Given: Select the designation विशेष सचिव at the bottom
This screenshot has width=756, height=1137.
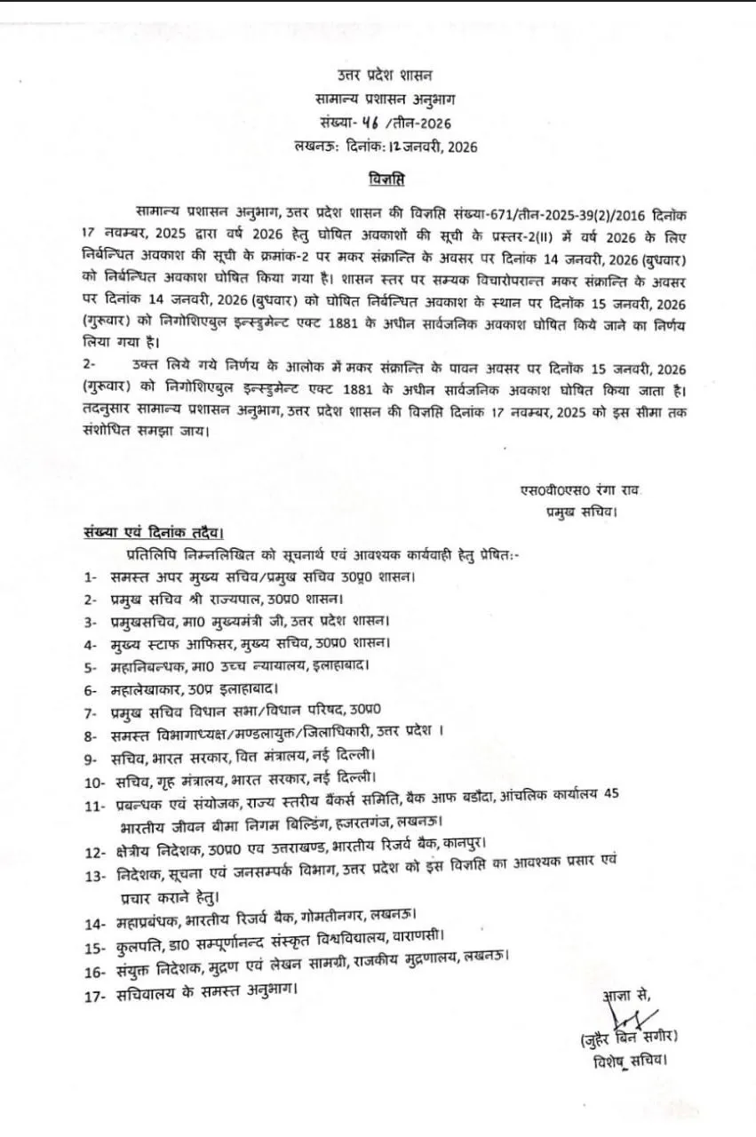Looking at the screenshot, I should pos(631,1060).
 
